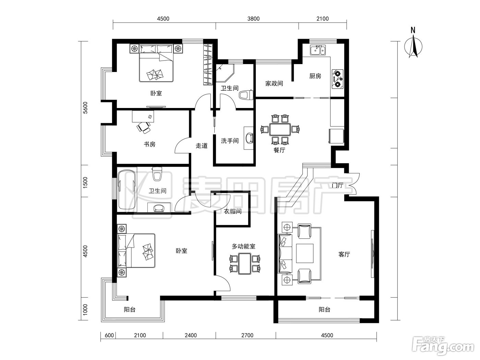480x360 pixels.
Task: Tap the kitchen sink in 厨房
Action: click(317, 50)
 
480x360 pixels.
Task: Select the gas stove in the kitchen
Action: click(337, 79)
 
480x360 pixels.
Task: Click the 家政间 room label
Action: click(274, 83)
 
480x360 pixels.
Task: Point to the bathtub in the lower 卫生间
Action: click(127, 190)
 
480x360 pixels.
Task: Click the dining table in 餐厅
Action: click(280, 130)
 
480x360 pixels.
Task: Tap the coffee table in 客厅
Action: click(304, 253)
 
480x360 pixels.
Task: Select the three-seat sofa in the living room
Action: click(285, 254)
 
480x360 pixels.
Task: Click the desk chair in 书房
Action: click(144, 127)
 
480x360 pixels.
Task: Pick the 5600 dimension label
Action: click(85, 108)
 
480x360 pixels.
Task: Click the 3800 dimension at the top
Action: click(253, 19)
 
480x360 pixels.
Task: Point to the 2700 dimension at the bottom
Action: click(247, 335)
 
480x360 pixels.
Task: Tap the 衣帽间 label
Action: click(233, 211)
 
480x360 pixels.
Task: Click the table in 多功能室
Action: click(244, 263)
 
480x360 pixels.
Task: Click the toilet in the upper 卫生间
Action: click(246, 95)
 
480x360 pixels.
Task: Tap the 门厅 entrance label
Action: click(337, 185)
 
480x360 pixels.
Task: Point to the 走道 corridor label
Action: click(201, 146)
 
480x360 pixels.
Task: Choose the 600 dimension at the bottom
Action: click(109, 335)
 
